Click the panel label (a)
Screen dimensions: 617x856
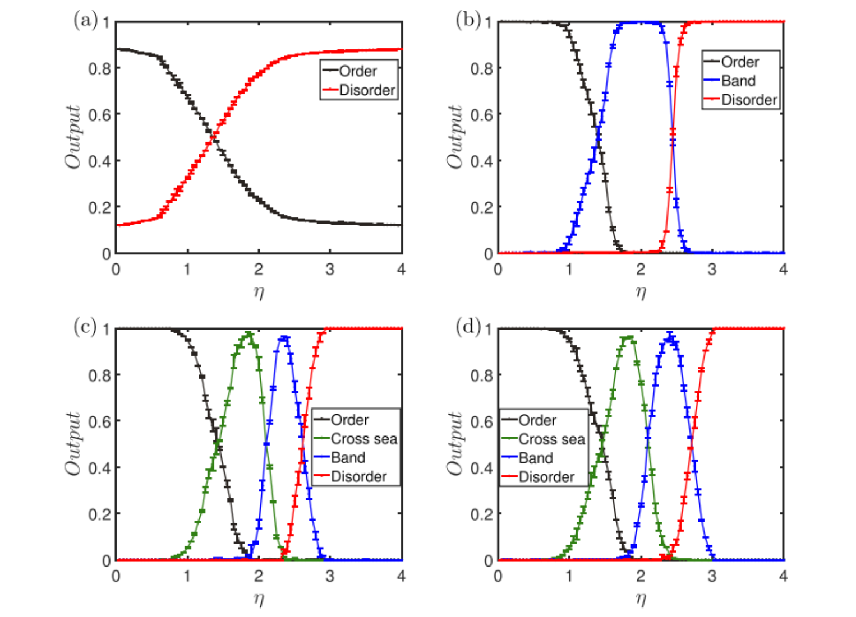click(x=85, y=21)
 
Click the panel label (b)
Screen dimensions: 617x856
click(x=468, y=21)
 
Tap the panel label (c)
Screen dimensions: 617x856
click(x=85, y=327)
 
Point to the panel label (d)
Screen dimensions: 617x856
click(x=468, y=327)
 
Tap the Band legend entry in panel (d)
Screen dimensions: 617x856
click(x=536, y=458)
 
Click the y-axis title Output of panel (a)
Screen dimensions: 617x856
click(x=73, y=137)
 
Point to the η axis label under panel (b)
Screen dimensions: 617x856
click(x=641, y=291)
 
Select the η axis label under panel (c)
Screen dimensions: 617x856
click(x=259, y=598)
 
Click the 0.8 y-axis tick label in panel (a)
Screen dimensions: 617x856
click(x=99, y=68)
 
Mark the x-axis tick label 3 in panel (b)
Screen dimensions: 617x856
click(x=712, y=270)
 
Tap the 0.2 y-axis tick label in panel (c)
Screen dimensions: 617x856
click(x=99, y=514)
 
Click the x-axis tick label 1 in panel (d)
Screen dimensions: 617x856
click(x=569, y=576)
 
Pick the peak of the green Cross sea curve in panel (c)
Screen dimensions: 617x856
click(x=248, y=334)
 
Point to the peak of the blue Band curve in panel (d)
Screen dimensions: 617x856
click(x=669, y=336)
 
